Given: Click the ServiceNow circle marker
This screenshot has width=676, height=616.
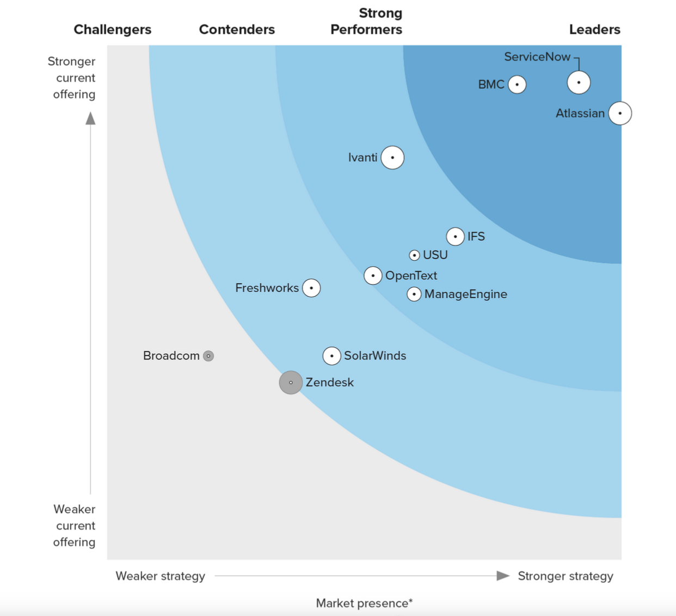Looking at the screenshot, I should click(x=579, y=83).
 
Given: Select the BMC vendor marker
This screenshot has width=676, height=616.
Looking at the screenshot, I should click(x=517, y=85).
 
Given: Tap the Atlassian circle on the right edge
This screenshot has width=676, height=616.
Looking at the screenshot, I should click(x=620, y=113).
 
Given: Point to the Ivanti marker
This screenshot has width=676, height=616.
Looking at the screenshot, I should click(x=392, y=158).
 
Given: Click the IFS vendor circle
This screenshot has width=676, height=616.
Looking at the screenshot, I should click(x=455, y=237).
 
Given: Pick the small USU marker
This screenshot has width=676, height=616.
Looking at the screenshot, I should click(x=414, y=255).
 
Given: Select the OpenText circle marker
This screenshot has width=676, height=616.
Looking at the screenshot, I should click(x=373, y=276).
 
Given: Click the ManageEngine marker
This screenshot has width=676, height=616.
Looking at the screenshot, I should click(x=414, y=294).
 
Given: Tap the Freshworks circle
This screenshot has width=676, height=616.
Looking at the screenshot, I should click(x=311, y=288).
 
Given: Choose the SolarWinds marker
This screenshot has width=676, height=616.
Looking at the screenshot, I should click(x=331, y=356).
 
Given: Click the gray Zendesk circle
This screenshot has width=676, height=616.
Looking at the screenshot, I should click(x=291, y=383).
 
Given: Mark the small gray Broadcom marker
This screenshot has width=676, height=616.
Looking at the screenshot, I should click(x=208, y=356).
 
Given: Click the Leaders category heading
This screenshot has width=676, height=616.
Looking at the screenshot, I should click(x=594, y=29).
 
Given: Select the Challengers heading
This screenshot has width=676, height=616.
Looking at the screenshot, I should click(x=113, y=29).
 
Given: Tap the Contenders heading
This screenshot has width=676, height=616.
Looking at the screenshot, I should click(x=237, y=29).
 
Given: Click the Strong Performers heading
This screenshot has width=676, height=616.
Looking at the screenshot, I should click(x=366, y=21).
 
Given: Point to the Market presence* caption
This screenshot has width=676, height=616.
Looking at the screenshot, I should click(x=364, y=603).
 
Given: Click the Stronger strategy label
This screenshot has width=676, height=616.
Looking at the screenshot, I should click(x=565, y=576).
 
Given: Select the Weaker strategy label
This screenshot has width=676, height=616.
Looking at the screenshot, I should click(x=161, y=576).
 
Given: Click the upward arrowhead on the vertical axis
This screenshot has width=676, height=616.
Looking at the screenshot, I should click(x=90, y=118).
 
